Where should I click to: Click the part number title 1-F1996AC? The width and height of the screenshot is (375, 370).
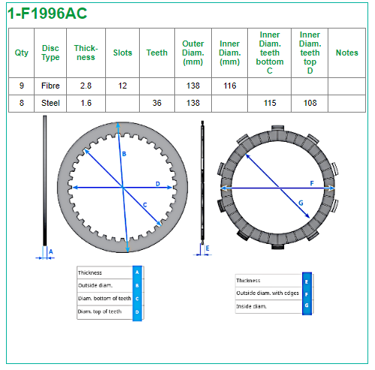tap(47, 14)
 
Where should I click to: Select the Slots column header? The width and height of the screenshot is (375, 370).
tap(122, 53)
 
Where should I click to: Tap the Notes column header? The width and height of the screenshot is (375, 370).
tap(347, 53)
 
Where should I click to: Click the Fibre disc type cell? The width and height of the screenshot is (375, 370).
tap(50, 86)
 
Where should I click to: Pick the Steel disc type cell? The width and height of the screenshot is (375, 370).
tap(50, 103)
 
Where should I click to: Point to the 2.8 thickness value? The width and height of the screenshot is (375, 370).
tap(86, 86)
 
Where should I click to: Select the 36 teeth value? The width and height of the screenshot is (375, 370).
tap(157, 103)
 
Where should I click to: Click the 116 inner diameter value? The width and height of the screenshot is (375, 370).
tap(230, 86)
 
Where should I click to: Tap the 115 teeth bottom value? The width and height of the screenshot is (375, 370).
tap(270, 103)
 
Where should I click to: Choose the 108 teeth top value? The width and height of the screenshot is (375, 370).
tap(310, 103)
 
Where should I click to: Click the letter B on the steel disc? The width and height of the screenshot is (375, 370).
tap(124, 154)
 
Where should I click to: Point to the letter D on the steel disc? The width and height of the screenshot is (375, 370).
tap(158, 184)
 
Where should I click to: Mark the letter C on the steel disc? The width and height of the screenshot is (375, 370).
tap(145, 205)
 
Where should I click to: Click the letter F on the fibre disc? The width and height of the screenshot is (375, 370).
tap(312, 183)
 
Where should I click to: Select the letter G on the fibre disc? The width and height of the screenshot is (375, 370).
tap(301, 203)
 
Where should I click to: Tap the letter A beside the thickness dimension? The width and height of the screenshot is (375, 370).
tap(51, 251)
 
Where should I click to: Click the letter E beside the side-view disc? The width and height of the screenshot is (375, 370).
tap(207, 248)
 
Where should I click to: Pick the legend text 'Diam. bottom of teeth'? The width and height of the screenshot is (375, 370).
tap(104, 299)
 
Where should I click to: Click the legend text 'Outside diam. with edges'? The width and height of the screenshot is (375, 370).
tap(268, 293)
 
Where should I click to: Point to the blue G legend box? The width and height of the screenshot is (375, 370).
tap(307, 306)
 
